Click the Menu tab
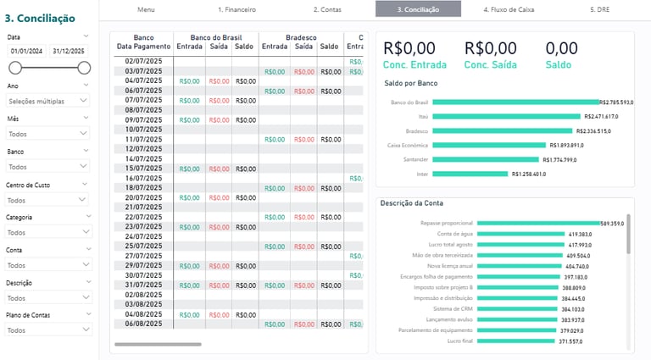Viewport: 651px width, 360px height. (x=146, y=9)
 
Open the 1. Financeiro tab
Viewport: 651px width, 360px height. (x=236, y=9)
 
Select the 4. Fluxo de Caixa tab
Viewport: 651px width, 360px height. (x=509, y=9)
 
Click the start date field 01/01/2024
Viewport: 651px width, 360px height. (x=26, y=52)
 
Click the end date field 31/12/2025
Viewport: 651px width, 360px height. (x=69, y=52)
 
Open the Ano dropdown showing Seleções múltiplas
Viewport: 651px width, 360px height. (x=47, y=100)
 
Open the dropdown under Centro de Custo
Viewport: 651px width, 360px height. (x=47, y=200)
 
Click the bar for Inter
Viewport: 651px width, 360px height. (x=471, y=174)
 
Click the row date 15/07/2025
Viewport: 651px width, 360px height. (x=143, y=169)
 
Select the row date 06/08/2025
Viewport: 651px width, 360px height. (x=143, y=324)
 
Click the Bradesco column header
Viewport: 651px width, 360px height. (x=301, y=37)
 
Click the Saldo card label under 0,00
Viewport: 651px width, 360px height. (x=558, y=64)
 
